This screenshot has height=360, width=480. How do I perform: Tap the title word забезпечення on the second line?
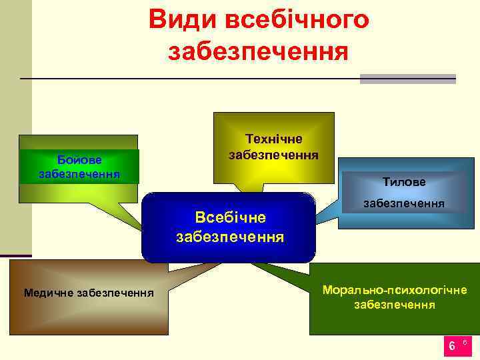tap(259, 52)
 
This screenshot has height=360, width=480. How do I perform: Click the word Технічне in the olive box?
tap(274, 139)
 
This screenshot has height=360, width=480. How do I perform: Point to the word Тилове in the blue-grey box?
tap(404, 181)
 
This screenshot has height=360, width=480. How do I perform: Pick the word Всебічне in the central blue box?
tap(230, 217)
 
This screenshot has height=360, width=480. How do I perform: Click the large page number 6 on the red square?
tap(451, 345)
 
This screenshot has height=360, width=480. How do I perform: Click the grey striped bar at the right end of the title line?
tap(407, 79)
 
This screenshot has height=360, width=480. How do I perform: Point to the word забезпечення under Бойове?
tap(79, 174)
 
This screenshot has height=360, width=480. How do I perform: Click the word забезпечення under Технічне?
tap(274, 155)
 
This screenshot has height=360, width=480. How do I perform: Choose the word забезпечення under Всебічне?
tap(230, 236)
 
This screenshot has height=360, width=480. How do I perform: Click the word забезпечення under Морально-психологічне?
tap(395, 305)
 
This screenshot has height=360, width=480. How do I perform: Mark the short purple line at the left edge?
tap(16, 255)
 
